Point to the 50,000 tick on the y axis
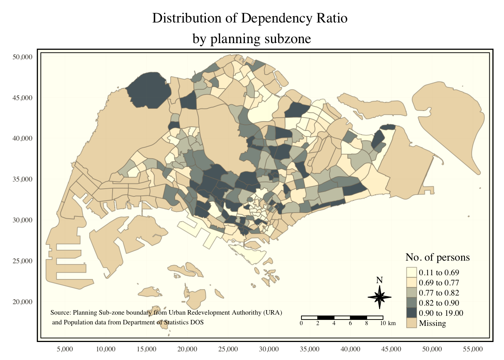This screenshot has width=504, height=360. coord(22,57)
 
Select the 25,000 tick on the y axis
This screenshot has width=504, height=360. coord(22,261)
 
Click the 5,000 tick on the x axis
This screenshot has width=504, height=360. coord(64,349)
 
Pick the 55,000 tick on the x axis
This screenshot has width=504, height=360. coord(473,349)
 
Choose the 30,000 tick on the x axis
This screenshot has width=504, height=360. coord(269,349)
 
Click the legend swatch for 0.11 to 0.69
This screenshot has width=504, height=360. coord(411,273)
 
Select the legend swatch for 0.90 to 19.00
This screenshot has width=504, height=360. coord(411,313)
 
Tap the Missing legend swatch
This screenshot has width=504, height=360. coord(411,323)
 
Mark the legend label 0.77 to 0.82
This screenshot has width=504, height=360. coord(439,293)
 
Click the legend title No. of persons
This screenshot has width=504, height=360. coord(437,257)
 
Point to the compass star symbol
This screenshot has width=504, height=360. coord(379,297)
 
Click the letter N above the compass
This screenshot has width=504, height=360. coord(379,280)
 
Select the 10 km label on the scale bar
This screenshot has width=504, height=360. coord(387,323)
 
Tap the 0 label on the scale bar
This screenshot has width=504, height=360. coord(301,323)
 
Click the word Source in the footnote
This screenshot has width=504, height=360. coord(60,312)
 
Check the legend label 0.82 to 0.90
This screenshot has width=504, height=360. coord(439,303)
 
